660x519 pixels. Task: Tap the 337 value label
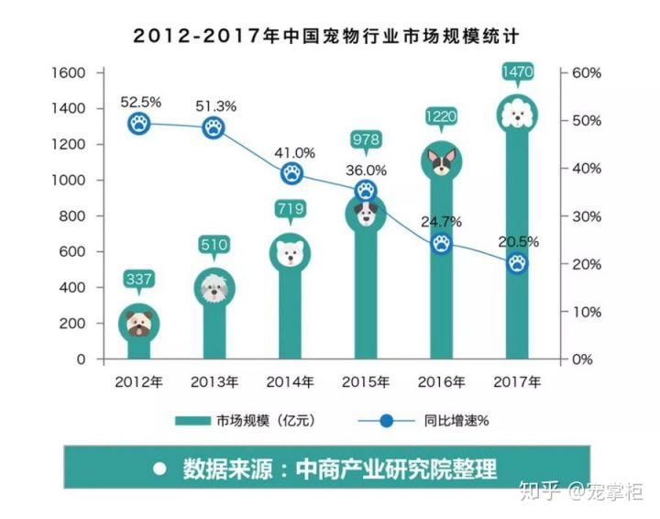[138, 278]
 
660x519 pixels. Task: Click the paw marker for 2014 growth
[292, 173]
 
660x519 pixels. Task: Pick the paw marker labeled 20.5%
[518, 263]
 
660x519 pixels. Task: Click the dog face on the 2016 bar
[442, 161]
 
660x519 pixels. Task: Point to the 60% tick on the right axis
[586, 72]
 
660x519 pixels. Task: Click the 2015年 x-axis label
[365, 381]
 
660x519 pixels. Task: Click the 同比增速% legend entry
[432, 421]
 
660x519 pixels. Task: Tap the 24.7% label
[441, 222]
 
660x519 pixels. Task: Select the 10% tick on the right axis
[586, 312]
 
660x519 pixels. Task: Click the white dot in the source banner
[159, 468]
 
